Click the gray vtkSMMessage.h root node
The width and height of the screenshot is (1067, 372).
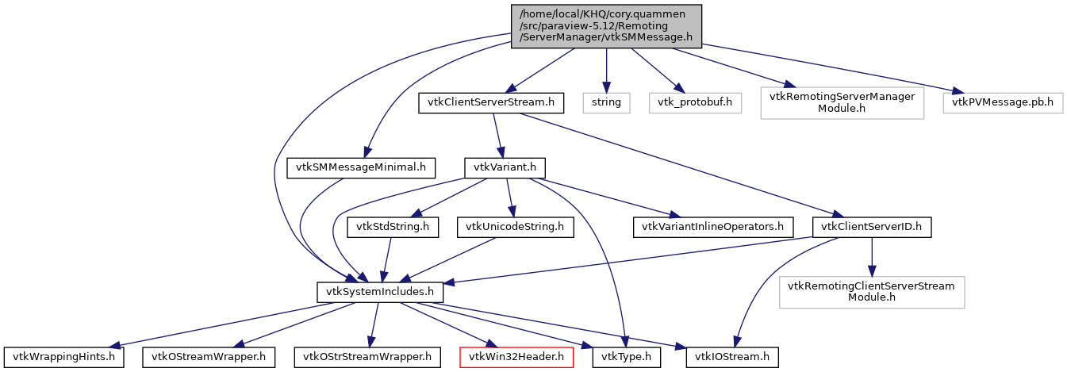(607, 26)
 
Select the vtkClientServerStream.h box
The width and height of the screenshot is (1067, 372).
(492, 102)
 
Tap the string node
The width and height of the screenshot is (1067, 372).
(607, 102)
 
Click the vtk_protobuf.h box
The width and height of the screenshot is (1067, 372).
(695, 102)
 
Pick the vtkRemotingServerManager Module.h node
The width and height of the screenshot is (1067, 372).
(842, 102)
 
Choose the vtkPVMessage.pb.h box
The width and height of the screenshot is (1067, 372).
(1003, 102)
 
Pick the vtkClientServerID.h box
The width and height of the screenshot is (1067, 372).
(871, 227)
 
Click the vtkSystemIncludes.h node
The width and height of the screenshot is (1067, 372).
(380, 292)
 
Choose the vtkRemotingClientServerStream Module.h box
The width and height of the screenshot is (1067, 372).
(871, 292)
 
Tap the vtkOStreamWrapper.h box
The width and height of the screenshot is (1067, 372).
(209, 357)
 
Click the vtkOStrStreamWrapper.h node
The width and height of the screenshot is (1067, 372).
(367, 357)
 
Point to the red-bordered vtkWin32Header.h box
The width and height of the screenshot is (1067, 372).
(516, 357)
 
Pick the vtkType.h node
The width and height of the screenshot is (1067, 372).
(626, 357)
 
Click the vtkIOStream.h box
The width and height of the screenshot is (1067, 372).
(732, 357)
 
